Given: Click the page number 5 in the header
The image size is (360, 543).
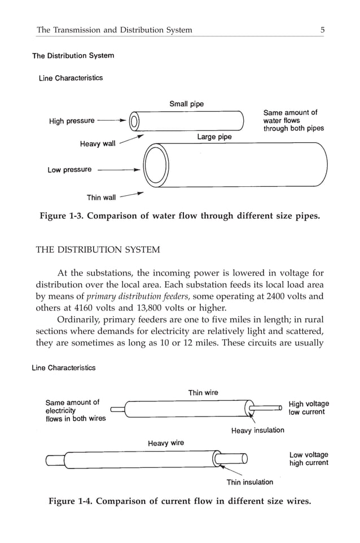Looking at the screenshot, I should [322, 30].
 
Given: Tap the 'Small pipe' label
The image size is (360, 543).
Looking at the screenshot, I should [186, 104].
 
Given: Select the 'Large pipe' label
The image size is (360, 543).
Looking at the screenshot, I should [214, 137].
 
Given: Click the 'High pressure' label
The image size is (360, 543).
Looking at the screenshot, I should [72, 121].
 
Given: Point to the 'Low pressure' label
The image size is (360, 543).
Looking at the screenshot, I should [69, 170].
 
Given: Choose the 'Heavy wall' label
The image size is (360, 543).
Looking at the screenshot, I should [98, 144].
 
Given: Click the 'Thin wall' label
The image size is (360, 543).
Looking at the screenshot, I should [101, 198].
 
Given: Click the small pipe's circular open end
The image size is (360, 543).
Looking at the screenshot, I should [134, 121].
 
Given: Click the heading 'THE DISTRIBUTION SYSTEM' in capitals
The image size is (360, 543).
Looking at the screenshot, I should [98, 249].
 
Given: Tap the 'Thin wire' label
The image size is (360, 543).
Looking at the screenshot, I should [203, 392].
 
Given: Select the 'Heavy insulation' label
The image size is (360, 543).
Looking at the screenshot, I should [257, 430].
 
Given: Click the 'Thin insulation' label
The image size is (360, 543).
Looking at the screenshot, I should [249, 482].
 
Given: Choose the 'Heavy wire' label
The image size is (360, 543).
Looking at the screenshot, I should [166, 443].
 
